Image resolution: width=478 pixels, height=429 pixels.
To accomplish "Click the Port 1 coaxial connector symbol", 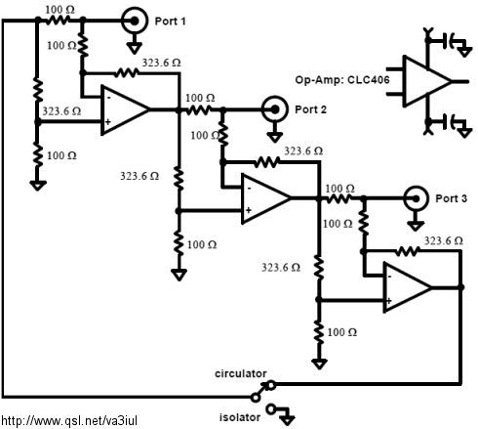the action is click(x=135, y=21).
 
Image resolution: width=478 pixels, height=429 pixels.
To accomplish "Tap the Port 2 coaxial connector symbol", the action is click(x=275, y=109).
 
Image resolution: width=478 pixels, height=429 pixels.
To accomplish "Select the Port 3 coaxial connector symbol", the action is click(x=416, y=198).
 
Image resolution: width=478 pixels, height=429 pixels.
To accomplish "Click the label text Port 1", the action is click(x=170, y=21).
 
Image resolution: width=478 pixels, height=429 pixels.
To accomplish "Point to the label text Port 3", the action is click(x=451, y=198).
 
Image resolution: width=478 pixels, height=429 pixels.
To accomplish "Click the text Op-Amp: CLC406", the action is click(x=342, y=80).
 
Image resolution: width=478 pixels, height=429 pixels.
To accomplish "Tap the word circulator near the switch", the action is click(x=240, y=373).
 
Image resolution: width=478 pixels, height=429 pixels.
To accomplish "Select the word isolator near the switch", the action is click(x=240, y=417).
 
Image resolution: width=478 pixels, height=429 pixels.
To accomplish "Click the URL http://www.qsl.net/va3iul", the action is click(x=69, y=420).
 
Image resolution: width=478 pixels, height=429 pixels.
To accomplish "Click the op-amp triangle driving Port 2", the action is click(x=124, y=109).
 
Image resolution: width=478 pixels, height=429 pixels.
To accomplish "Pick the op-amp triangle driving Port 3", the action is click(x=264, y=198).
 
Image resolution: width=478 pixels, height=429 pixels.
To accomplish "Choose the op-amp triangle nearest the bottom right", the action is click(x=407, y=287).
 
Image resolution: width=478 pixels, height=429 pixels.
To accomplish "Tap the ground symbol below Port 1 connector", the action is click(x=135, y=47).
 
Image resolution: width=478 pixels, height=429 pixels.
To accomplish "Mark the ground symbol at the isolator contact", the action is click(x=287, y=418).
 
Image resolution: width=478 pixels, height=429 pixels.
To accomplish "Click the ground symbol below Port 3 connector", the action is click(x=416, y=225).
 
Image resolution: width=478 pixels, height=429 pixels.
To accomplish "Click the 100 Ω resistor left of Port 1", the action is click(x=58, y=21).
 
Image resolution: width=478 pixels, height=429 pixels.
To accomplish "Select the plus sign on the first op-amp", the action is click(x=108, y=122).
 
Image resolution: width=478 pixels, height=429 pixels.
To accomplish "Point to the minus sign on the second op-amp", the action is click(x=249, y=188).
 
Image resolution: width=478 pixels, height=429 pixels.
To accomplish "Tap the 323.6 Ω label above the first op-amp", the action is click(x=161, y=63).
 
